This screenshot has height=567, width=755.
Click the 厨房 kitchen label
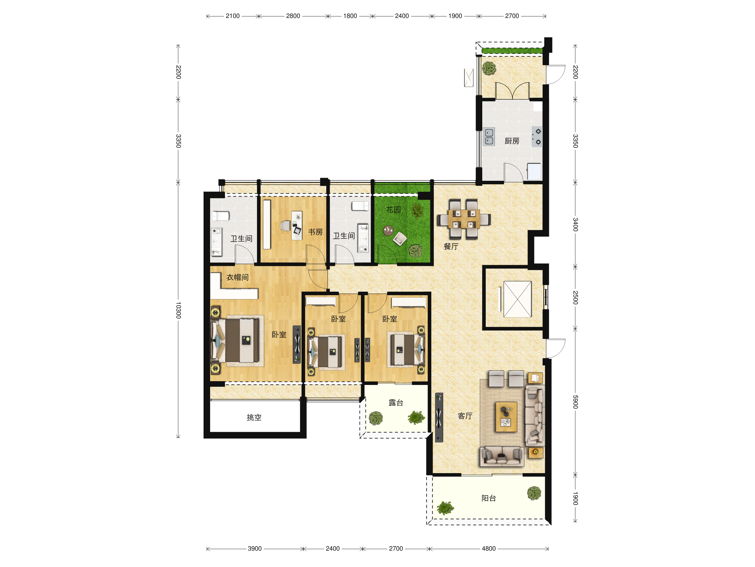coord(512,141)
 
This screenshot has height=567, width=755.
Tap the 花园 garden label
coord(394,209)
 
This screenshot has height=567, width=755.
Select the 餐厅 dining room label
coord(451,246)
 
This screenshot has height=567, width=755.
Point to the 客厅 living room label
coord(465,416)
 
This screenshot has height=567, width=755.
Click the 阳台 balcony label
coord(489,498)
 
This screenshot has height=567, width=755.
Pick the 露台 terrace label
coord(396,403)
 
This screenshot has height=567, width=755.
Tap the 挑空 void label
coord(254,417)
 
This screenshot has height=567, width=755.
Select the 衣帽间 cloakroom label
coord(238,277)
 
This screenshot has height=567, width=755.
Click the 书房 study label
coord(316,232)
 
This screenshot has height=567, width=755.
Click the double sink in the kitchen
coord(489,137)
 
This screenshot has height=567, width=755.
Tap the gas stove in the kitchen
coord(537,137)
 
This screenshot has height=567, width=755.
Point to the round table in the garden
coord(388,230)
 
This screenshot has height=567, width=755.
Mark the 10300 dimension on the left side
coord(178,310)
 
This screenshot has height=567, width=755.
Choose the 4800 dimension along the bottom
coord(489,548)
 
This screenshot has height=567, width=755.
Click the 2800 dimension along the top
coord(293,16)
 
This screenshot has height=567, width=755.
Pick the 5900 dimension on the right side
coord(575,402)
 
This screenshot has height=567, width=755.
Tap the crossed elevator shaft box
coord(517,299)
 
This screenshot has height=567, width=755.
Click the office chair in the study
coord(285,226)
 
